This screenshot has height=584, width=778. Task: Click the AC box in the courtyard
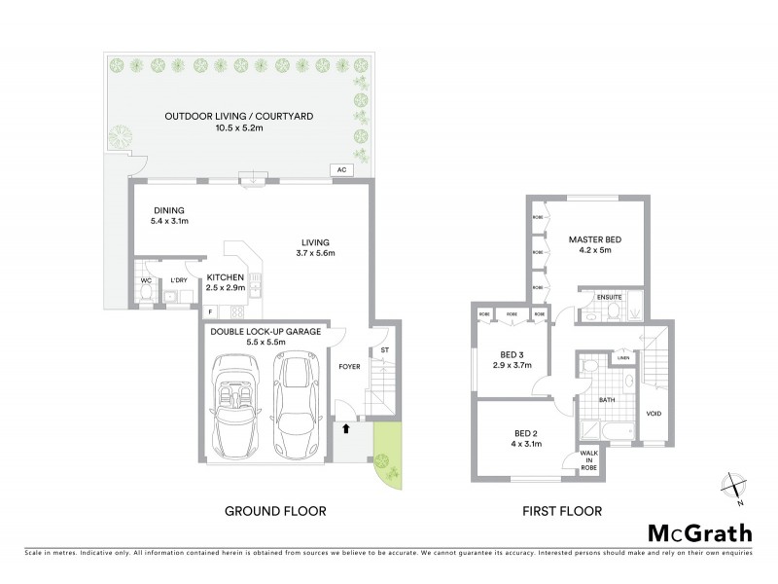pyautogui.click(x=341, y=169)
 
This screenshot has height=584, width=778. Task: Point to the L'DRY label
pyautogui.click(x=178, y=281)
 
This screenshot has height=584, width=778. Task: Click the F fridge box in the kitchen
pyautogui.click(x=210, y=311)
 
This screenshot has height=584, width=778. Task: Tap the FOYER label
pyautogui.click(x=348, y=367)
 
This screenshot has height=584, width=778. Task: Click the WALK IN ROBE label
pyautogui.click(x=589, y=460)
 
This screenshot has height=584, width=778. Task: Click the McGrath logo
pyautogui.click(x=698, y=532)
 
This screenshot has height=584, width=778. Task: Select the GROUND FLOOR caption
pyautogui.click(x=275, y=511)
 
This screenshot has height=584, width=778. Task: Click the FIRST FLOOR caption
pyautogui.click(x=561, y=511)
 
